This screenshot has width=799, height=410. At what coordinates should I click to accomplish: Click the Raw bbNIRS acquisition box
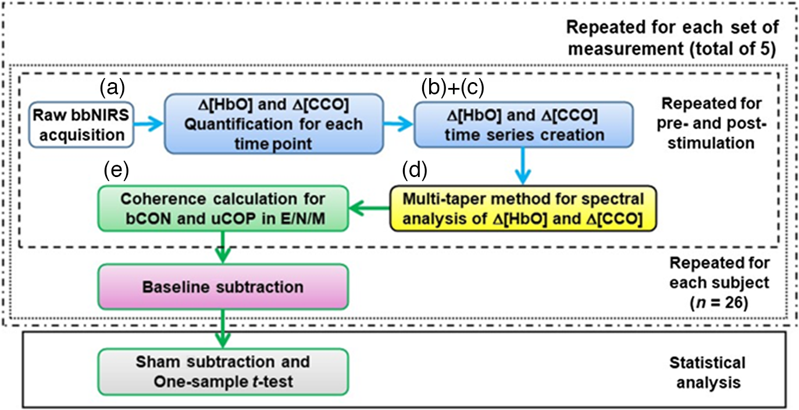(x=81, y=125)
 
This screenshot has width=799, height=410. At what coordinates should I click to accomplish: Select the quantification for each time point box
(x=274, y=124)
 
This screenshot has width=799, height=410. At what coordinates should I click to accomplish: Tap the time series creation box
(x=523, y=125)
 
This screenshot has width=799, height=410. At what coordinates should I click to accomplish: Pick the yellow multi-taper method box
(x=523, y=208)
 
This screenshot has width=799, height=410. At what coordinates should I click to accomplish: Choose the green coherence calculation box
(x=223, y=208)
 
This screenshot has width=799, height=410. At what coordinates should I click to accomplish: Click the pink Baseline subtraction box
(x=223, y=287)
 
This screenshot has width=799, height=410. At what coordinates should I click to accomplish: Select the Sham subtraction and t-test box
(x=223, y=372)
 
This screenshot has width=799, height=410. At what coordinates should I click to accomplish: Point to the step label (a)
(x=112, y=87)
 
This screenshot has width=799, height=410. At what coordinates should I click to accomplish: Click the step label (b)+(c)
(x=452, y=87)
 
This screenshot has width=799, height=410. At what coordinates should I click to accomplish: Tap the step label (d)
(x=415, y=170)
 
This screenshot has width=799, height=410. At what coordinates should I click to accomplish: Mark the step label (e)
(x=116, y=170)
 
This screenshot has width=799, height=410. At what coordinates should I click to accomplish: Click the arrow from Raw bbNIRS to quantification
(x=149, y=124)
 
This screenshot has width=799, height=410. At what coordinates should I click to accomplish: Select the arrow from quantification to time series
(x=399, y=124)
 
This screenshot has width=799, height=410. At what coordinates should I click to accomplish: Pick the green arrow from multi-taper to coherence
(x=369, y=208)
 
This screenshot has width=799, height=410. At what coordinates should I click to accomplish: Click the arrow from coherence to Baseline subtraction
(x=223, y=248)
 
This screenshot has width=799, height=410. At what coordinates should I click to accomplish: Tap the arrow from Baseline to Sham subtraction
(x=223, y=329)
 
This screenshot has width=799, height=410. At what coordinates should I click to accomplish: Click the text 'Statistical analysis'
(x=708, y=373)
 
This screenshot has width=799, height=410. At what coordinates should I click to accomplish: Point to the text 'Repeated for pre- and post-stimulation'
(x=711, y=123)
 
